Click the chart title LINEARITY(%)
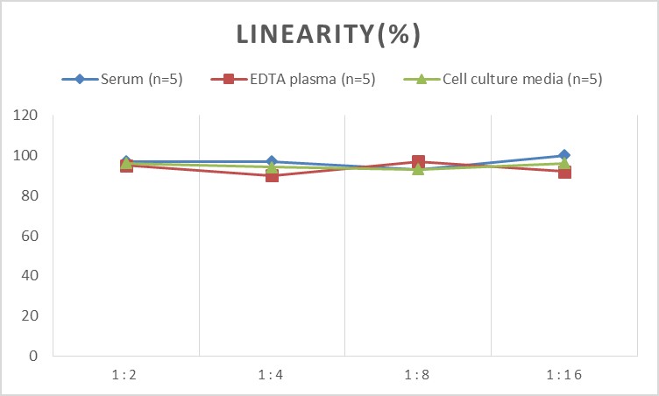pyautogui.click(x=329, y=34)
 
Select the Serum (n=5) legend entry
pyautogui.click(x=122, y=80)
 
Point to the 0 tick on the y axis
pyautogui.click(x=32, y=357)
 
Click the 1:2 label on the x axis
pyautogui.click(x=126, y=375)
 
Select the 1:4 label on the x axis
pyautogui.click(x=272, y=375)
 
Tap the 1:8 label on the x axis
pyautogui.click(x=418, y=375)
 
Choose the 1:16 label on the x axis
pyautogui.click(x=563, y=375)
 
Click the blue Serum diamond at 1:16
pyautogui.click(x=564, y=155)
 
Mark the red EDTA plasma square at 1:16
pyautogui.click(x=564, y=172)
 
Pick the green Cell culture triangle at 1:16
pyautogui.click(x=564, y=164)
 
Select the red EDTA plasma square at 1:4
pyautogui.click(x=272, y=175)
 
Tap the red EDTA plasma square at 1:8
pyautogui.click(x=418, y=161)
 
